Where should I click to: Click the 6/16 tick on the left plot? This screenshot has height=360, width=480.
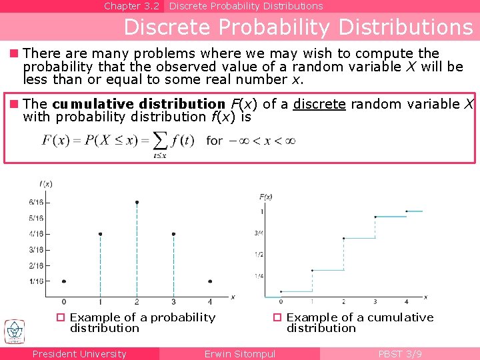coord(36,202)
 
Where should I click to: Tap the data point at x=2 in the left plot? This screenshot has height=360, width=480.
coord(137,202)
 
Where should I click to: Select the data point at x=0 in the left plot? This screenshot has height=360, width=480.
coord(63,281)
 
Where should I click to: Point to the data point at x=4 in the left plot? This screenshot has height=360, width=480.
coord(210,281)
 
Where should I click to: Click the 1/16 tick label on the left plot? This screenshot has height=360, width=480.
coord(36,281)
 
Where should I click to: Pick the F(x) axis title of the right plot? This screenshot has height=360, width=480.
coord(265,197)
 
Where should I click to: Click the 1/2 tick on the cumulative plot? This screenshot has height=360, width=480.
coord(259,255)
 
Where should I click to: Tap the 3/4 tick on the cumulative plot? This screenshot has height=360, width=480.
coord(259,233)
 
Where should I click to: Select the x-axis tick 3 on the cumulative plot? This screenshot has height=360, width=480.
coord(375,302)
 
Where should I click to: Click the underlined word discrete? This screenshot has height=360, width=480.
coord(319,104)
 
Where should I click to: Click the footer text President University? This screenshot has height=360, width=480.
coord(79,354)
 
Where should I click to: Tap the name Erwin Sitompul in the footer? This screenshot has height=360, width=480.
coord(240,354)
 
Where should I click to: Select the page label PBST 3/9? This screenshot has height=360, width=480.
coord(400,354)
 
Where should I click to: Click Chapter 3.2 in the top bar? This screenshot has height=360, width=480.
coord(131,6)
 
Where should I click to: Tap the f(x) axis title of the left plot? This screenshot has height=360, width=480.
coord(46,183)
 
